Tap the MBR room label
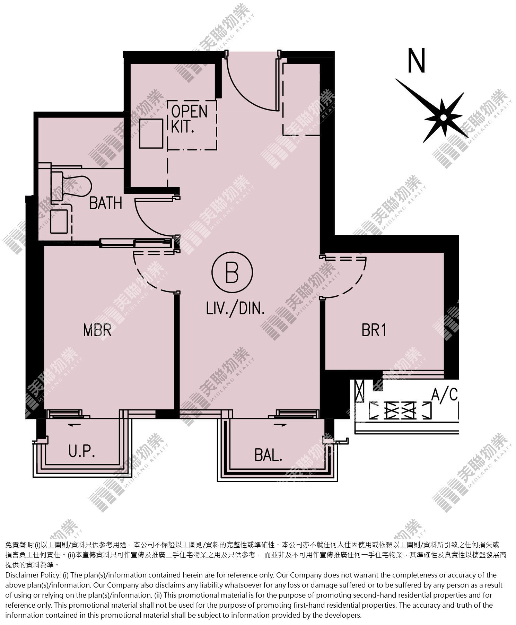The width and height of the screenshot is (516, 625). tap(97, 330)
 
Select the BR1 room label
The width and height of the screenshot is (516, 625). tap(374, 330)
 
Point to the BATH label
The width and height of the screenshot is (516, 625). tap(106, 203)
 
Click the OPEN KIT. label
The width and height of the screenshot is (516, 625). tap(189, 119)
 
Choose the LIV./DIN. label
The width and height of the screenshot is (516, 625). tap(236, 308)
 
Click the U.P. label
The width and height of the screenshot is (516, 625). tap(82, 452)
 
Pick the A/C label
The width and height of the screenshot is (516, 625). tap(445, 394)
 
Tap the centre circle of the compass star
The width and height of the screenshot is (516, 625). tap(443, 118)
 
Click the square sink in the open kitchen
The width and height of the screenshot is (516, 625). tap(151, 134)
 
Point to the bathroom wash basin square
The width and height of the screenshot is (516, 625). tap(58, 221)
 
